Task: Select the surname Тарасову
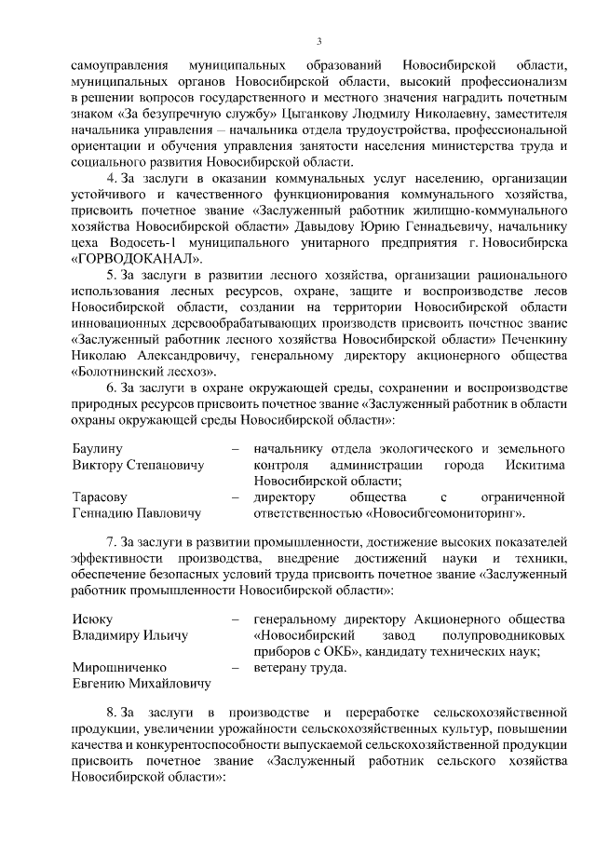click(x=100, y=496)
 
